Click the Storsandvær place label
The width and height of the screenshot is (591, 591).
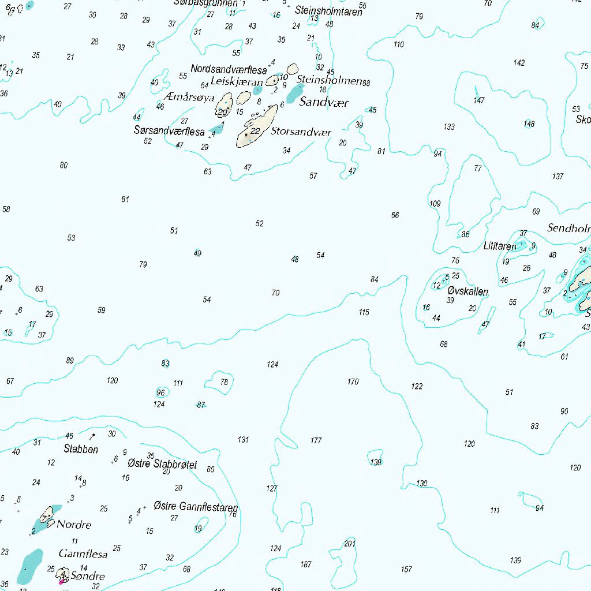(x=301, y=132)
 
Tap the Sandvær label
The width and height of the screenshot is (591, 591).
(x=324, y=103)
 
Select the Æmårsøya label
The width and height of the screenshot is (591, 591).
(x=189, y=98)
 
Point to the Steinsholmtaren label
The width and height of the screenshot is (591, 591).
(x=328, y=10)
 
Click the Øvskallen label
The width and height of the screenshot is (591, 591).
(x=467, y=291)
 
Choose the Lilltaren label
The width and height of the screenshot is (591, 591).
(x=500, y=246)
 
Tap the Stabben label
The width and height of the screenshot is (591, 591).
(x=81, y=449)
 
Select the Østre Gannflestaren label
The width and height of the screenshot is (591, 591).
(x=196, y=507)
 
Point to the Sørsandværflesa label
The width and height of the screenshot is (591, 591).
(x=169, y=131)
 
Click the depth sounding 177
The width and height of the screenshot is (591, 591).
(x=316, y=440)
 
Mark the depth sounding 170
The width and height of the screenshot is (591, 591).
(x=353, y=381)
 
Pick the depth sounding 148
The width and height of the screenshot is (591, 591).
(x=529, y=124)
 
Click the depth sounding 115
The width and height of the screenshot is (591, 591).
(x=364, y=312)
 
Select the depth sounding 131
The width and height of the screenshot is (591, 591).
(x=243, y=440)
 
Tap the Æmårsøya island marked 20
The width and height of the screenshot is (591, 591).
(x=224, y=106)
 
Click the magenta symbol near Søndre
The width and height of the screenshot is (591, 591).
(x=61, y=581)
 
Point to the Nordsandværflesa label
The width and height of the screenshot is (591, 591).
(x=229, y=70)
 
